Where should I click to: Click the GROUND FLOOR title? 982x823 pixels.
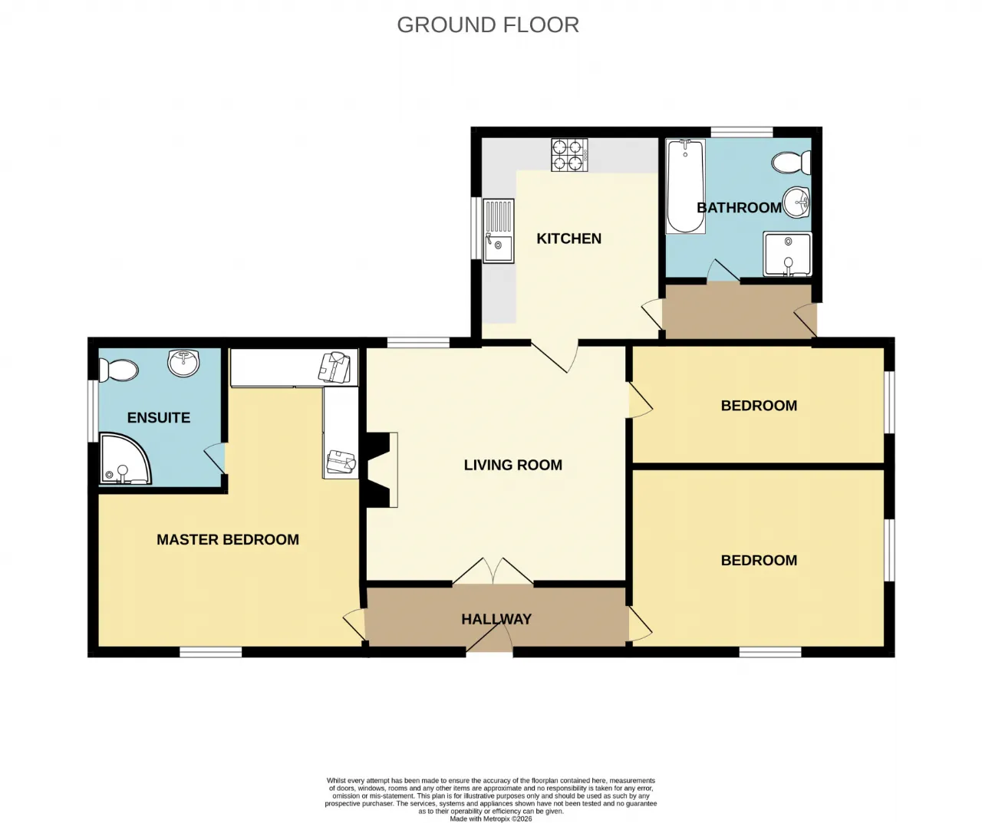coord(488,25)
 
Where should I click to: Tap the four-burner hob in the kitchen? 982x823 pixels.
coord(569,155)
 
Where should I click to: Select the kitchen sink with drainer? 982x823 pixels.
coord(499,230)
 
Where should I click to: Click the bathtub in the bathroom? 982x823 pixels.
coord(686,186)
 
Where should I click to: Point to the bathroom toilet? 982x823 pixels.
coord(792,163)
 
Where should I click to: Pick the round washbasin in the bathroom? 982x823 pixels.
coord(796,202)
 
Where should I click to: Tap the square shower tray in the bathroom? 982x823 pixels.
coord(787,254)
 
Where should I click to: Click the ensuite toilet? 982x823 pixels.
coord(118,370)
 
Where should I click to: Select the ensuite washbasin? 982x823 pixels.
coord(184,363)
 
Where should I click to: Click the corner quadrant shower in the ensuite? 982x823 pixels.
coord(125,459)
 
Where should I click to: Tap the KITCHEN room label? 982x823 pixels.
coord(569,239)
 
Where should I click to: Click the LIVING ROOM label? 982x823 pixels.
coord(513,465)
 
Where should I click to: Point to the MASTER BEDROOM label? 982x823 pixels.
coord(228,539)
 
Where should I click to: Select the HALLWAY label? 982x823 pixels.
coord(496,619)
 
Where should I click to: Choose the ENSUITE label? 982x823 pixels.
coord(159,417)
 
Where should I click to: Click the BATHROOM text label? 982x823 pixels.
coord(739,208)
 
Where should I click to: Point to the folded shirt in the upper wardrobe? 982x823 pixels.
coord(335,367)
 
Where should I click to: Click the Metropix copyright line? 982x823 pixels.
coord(491,818)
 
